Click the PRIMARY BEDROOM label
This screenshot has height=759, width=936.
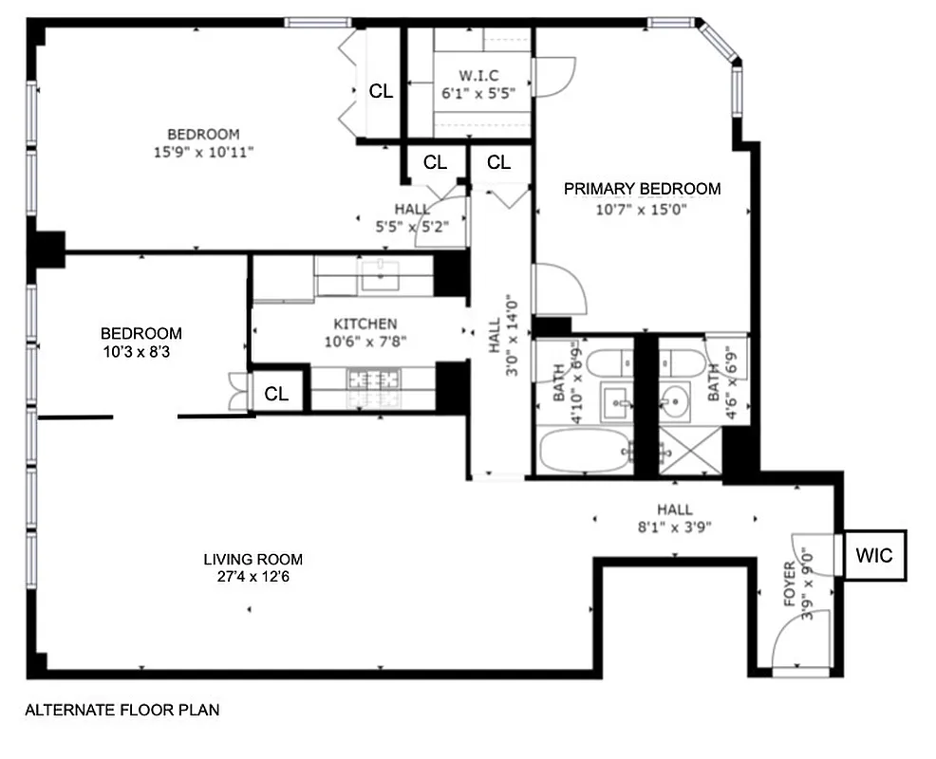point(642,189)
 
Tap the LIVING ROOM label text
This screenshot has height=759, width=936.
point(253,560)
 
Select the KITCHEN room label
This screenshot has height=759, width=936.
point(365,324)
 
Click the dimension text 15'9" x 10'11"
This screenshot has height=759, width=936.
point(203,151)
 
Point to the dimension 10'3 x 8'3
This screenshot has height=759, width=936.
point(140,350)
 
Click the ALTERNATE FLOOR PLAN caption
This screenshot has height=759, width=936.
point(122,710)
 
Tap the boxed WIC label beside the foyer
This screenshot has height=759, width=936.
point(874,555)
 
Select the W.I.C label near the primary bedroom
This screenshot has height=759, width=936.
point(478,75)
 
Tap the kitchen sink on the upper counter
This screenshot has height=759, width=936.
point(383,277)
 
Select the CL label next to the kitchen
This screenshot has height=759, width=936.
point(276,394)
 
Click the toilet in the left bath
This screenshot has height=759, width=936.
point(606,361)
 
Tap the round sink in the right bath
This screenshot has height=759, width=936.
point(677,398)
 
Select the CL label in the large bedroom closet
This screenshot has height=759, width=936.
point(381,91)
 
